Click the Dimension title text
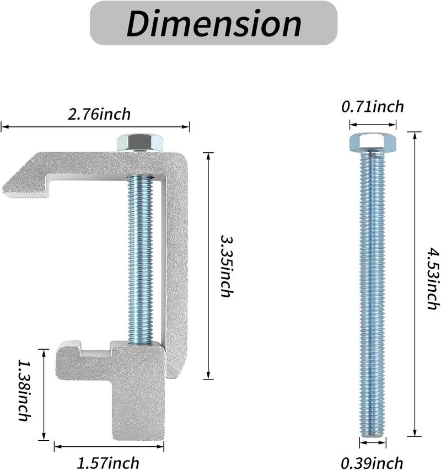[x=214, y=23]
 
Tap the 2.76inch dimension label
[x=99, y=114]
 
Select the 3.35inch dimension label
[x=227, y=266]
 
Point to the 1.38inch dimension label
[x=25, y=390]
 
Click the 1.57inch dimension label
[x=108, y=462]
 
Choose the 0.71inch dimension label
[x=373, y=107]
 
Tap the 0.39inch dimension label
[x=372, y=462]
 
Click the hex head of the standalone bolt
[x=373, y=142]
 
